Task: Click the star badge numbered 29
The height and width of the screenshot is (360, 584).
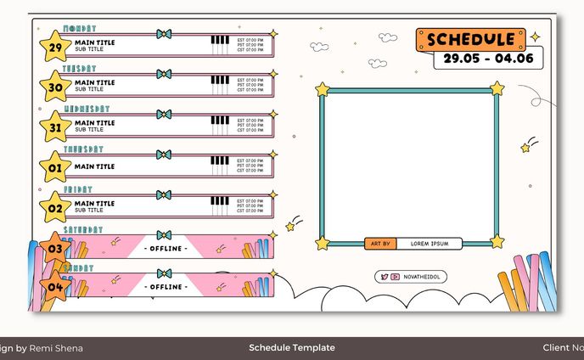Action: (55, 47)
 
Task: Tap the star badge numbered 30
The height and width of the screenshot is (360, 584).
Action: (55, 87)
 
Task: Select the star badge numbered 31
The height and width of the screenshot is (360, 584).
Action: (55, 127)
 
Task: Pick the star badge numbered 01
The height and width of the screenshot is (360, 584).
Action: (55, 167)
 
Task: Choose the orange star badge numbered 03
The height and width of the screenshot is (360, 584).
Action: (55, 248)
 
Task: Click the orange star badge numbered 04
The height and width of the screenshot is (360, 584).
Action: (55, 286)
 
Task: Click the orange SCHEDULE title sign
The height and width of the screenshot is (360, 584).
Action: (471, 40)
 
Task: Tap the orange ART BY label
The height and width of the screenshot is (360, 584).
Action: (381, 244)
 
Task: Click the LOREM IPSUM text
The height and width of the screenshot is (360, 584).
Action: (430, 244)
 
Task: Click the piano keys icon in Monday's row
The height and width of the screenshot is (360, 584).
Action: (220, 44)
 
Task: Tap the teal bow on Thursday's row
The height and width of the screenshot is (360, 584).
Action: (164, 155)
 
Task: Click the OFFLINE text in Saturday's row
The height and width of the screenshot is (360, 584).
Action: (165, 248)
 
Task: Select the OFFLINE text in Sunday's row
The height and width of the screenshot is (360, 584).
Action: (165, 287)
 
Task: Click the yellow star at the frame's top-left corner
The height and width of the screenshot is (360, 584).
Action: (323, 88)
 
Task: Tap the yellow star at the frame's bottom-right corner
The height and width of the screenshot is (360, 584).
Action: (497, 242)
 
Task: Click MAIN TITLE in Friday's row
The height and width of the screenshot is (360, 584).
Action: (94, 204)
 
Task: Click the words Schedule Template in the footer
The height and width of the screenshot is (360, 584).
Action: (292, 347)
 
